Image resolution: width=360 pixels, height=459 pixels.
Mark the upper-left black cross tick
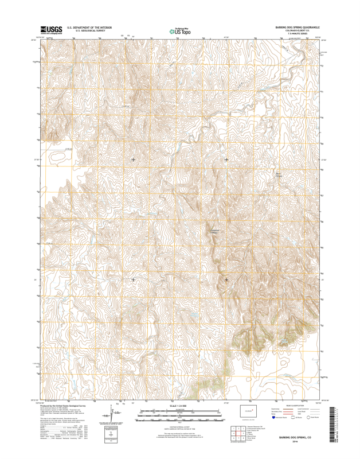tap(134, 159)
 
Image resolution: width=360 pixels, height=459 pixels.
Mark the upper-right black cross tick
tap(226, 159)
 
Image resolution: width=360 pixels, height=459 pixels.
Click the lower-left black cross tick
tap(134, 279)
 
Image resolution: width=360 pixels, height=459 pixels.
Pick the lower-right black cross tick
tap(226, 279)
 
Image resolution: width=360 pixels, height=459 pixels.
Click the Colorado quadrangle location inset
tap(248, 411)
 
